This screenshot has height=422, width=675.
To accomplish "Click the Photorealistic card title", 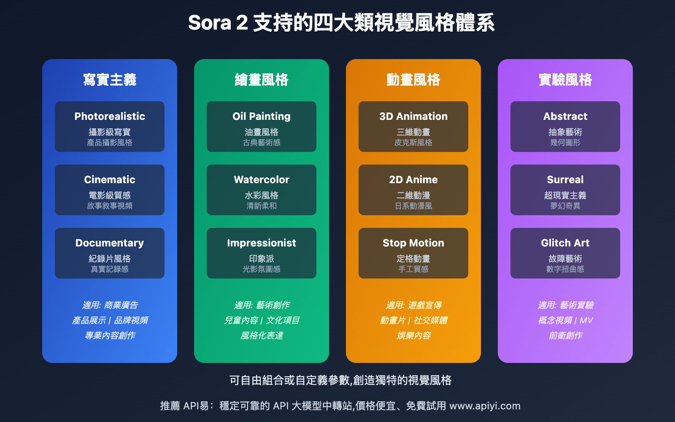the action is point(110,116).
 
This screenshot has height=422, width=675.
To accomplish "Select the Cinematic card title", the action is point(110,180).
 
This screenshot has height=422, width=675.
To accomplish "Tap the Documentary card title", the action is point(110,243).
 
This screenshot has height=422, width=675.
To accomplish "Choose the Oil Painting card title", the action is point(262,116).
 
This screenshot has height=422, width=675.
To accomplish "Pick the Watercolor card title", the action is point(262,180).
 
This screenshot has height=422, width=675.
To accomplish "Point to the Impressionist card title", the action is point(262,243).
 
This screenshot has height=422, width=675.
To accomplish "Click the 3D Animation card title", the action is point(413,116).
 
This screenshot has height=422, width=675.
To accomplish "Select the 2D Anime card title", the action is point(413,180).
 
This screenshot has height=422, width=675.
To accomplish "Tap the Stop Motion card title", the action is point(413,243).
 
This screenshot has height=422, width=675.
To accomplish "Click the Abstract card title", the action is point(565,116).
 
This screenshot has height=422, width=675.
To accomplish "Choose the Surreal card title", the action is point(565,180).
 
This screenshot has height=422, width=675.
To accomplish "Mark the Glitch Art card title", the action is point(565,243).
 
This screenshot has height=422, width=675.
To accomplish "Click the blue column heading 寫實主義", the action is point(110,80).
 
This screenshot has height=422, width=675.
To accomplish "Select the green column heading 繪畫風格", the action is point(262,80).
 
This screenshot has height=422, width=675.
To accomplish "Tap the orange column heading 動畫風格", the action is point(413,80).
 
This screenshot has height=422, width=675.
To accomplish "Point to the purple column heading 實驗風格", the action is point(565,80).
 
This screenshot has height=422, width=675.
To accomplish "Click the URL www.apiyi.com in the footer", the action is point(485,406).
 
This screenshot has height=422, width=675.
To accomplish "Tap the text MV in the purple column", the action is point(586,320).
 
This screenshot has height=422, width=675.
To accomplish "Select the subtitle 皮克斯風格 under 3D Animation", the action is point(413,143).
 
